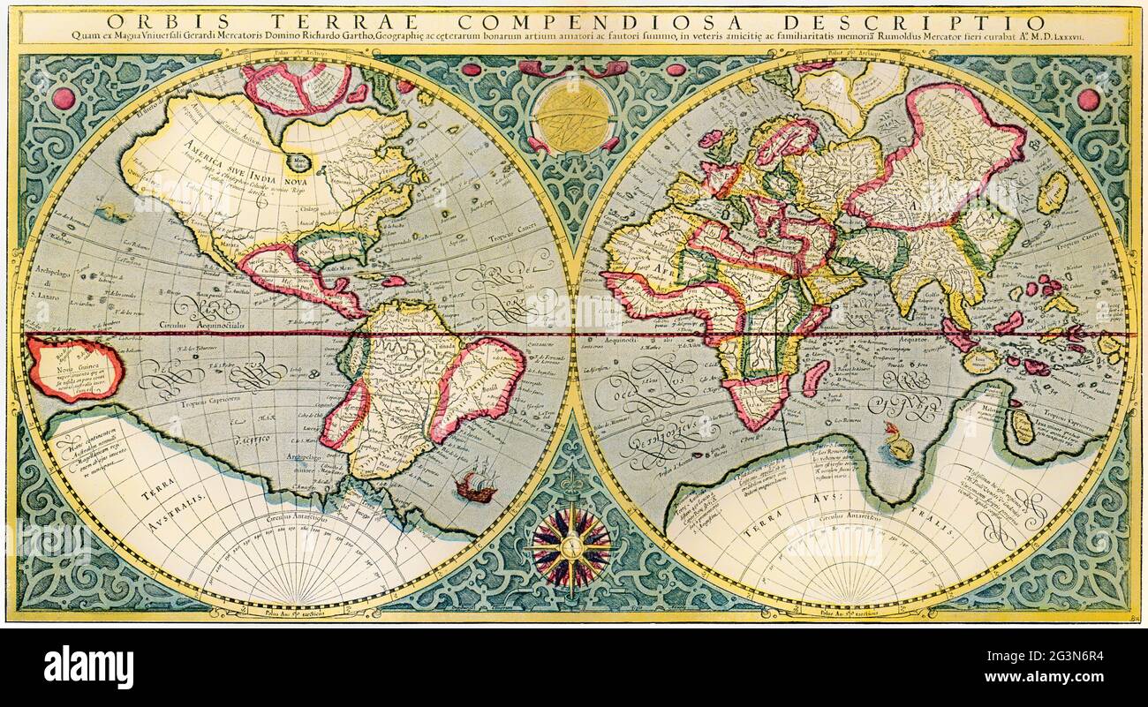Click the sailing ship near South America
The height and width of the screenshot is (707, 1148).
[476, 486]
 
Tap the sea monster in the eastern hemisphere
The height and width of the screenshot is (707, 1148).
[899, 443]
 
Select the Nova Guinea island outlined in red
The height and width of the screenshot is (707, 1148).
[74, 367]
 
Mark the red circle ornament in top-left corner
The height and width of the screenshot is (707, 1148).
[64, 98]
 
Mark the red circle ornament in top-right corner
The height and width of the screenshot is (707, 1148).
[1087, 100]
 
